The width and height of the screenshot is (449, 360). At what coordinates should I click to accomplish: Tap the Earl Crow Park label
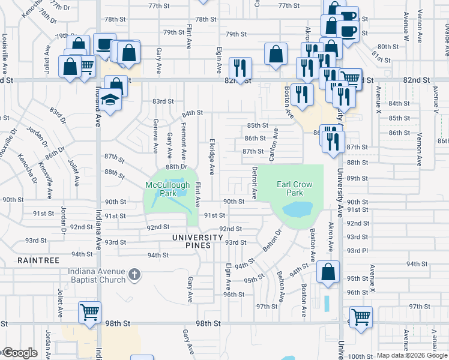coord(294,188)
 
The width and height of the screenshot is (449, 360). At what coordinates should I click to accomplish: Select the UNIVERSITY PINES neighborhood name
coord(200,238)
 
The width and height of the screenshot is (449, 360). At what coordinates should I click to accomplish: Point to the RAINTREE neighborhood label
coord(38,260)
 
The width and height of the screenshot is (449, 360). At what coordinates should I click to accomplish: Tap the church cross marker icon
coord(134,275)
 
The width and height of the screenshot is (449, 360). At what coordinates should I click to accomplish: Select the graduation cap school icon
coord(110,100)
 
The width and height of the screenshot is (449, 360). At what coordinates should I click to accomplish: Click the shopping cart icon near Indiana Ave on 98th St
coord(89,313)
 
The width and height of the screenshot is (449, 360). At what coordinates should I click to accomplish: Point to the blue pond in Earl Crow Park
coord(296,210)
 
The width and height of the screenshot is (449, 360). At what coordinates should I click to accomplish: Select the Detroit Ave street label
coord(254,183)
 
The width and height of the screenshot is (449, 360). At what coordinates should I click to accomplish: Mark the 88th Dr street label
coord(177,166)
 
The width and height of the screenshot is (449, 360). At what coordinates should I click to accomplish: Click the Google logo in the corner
coord(20,353)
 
